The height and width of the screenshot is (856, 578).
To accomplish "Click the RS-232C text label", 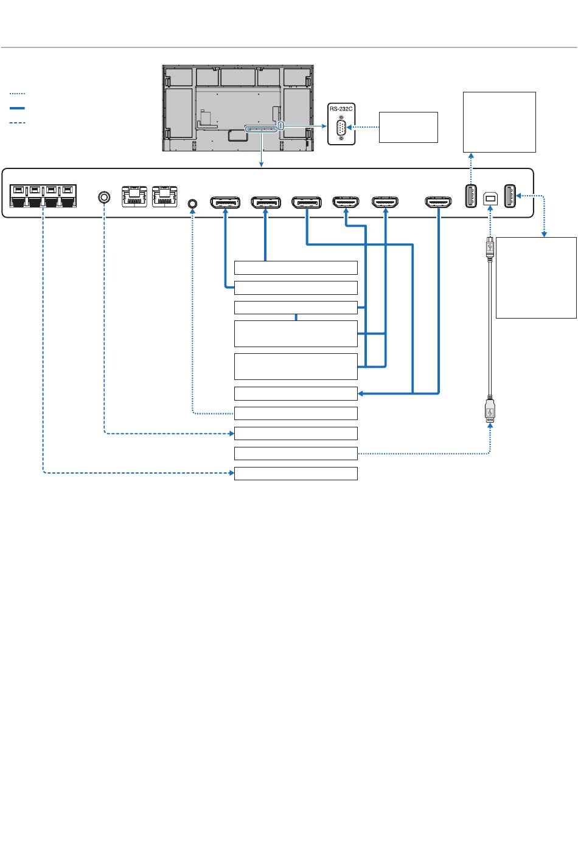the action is [341, 109].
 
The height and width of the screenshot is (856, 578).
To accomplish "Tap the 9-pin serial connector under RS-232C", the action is [341, 128].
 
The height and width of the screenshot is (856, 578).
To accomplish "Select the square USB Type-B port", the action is [490, 199].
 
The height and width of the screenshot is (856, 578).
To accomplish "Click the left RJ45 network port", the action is [134, 196].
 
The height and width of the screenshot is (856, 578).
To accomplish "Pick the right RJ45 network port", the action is [164, 196].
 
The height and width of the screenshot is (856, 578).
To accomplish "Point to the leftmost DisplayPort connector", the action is [225, 202].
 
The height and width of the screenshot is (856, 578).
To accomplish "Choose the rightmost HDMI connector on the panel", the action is [439, 202].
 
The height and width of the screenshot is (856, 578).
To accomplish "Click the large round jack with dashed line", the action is [104, 197].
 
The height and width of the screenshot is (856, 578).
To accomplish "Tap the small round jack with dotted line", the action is [193, 203].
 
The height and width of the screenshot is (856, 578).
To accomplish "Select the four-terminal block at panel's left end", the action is [43, 196].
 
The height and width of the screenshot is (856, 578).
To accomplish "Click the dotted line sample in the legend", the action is [17, 93].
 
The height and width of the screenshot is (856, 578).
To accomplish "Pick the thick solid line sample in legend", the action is [17, 108].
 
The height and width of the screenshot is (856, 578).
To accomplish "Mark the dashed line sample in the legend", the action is [17, 123].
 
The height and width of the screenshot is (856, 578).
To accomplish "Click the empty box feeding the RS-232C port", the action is [408, 127].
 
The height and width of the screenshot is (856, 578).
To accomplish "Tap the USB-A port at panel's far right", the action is [509, 196].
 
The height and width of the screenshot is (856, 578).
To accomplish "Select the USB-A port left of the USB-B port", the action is [471, 196].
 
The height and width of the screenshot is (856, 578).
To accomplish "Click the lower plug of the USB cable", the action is [490, 410].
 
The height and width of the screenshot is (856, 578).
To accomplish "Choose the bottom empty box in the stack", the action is [296, 474].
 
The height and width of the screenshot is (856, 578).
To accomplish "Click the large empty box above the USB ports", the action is [499, 122].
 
